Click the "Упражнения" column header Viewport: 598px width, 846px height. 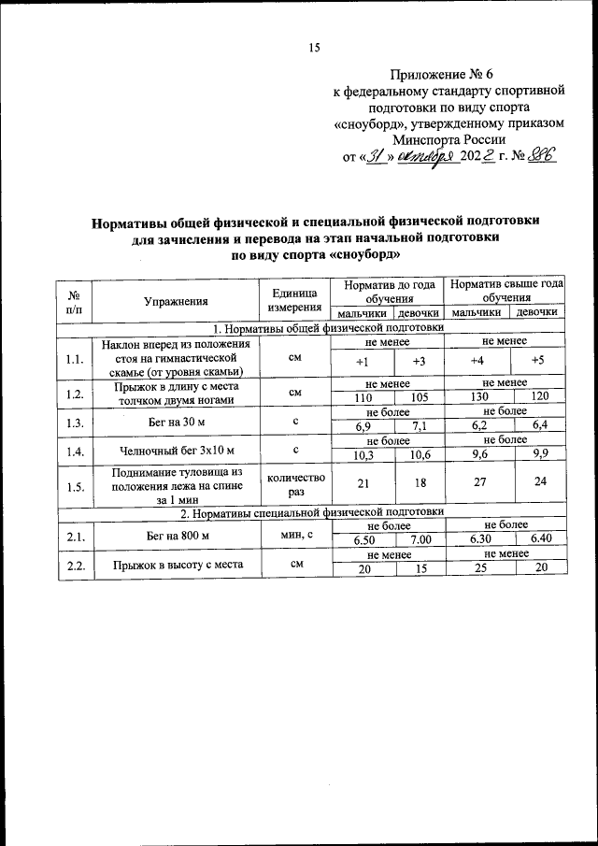[176, 300]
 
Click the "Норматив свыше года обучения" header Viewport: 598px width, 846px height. [505, 290]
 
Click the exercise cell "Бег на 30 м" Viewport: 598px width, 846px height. [176, 423]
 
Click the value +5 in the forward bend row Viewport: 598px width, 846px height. [536, 361]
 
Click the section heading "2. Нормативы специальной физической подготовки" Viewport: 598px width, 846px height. [310, 512]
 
